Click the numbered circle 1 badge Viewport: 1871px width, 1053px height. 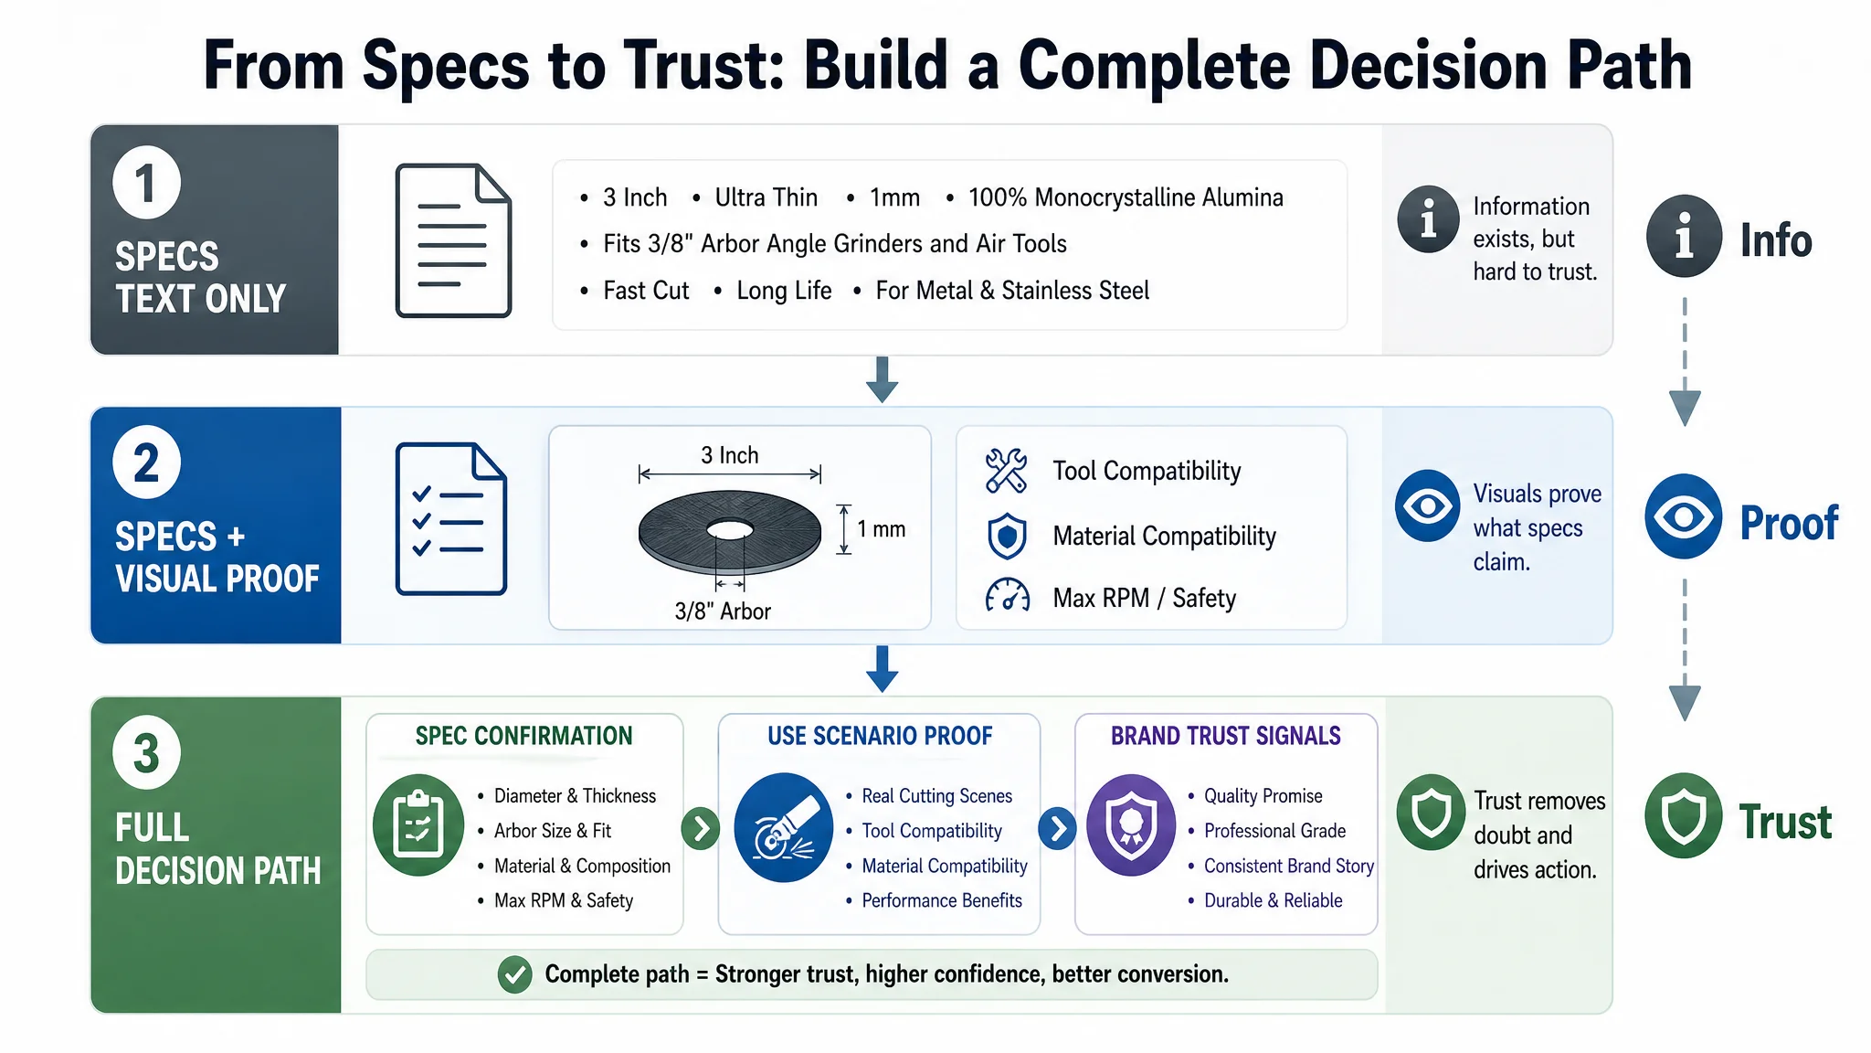pos(146,182)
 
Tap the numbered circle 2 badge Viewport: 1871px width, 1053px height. pos(146,462)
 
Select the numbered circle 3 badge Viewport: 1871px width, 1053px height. pos(146,752)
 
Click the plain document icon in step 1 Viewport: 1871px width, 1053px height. pos(453,240)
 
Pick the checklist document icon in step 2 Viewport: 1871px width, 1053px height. pos(451,519)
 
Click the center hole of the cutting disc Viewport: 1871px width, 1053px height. pos(729,530)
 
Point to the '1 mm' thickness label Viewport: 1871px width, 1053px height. pos(881,529)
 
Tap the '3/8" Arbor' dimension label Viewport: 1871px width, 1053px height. pos(723,612)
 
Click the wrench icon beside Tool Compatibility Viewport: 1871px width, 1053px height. pos(1007,471)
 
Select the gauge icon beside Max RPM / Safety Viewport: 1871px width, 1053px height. pos(1007,595)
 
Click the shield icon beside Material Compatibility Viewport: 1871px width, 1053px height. pos(1007,536)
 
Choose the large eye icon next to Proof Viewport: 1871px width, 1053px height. pos(1684,516)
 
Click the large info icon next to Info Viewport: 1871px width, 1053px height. pos(1684,237)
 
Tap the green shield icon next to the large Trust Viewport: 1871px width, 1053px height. pos(1684,815)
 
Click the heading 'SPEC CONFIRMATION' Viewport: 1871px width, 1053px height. pos(523,736)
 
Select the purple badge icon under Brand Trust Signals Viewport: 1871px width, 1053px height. pos(1131,824)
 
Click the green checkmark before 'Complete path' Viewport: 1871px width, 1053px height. pos(515,974)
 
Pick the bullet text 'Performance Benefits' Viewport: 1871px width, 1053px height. pos(942,900)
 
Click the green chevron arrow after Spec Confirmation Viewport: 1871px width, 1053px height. pos(701,829)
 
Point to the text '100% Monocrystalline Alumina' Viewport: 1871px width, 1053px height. pos(1126,197)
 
